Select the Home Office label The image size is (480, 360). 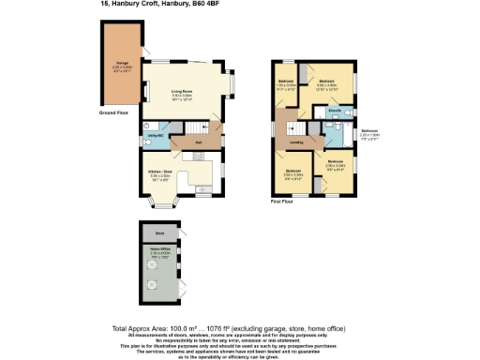pyautogui.click(x=160, y=250)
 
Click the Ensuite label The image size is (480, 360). pyautogui.click(x=333, y=112)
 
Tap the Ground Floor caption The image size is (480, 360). pyautogui.click(x=113, y=112)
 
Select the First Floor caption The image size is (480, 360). pyautogui.click(x=282, y=202)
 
